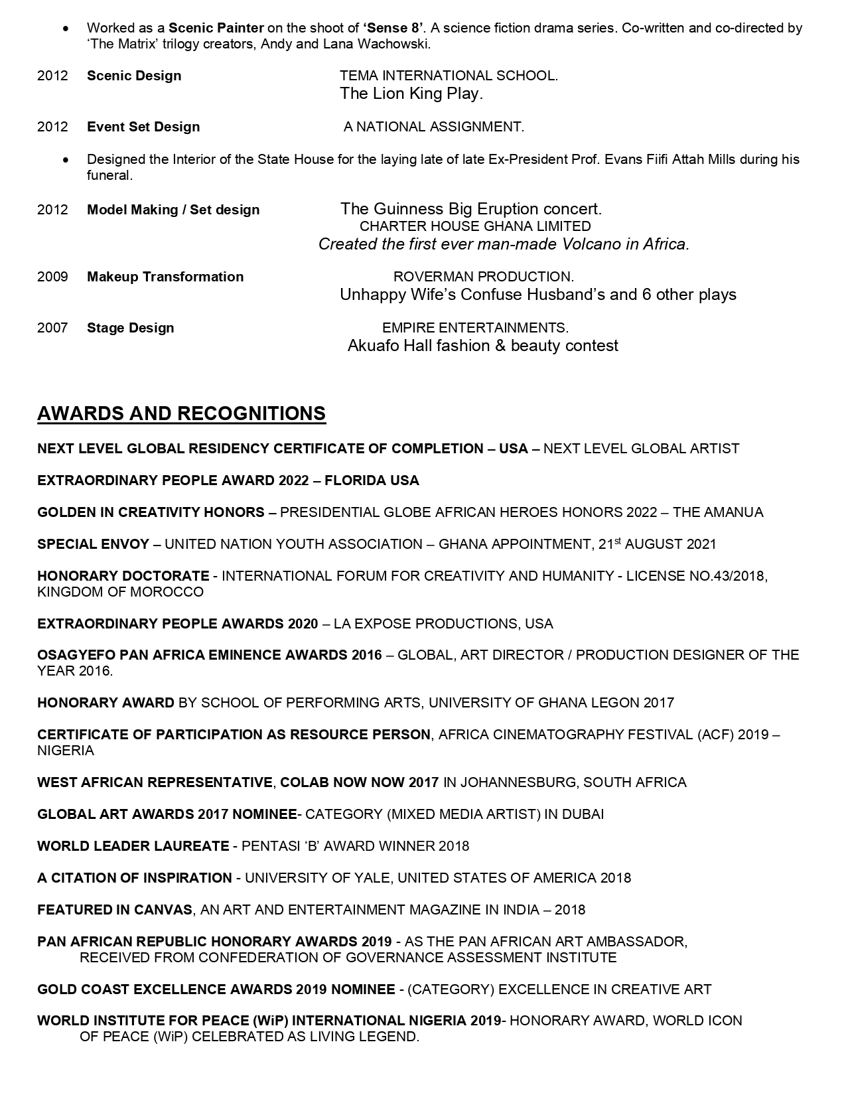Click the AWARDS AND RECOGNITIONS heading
coord(181,413)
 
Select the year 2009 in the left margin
coord(52,277)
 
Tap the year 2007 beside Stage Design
coord(52,328)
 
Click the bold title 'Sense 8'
coord(393,28)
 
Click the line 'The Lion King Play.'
coord(411,94)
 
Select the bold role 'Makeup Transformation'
coord(165,277)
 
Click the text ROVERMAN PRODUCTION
coord(483,277)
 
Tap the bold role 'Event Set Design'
coord(143,127)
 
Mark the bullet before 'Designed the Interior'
coord(65,160)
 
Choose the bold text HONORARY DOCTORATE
coord(123,576)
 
